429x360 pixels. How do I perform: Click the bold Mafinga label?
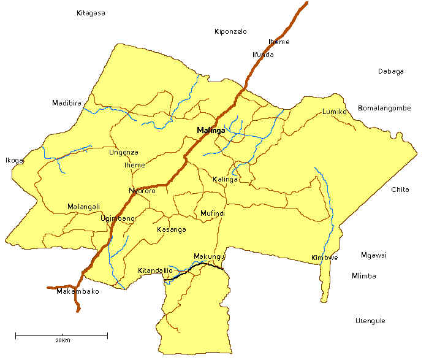point(211,131)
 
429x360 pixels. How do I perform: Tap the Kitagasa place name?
point(91,13)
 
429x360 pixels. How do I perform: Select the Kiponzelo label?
point(230,31)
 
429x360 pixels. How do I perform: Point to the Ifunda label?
point(264,55)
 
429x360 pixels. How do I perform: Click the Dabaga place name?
point(391,71)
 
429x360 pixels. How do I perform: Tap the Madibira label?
point(67,103)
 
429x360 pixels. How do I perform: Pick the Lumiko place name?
point(335,112)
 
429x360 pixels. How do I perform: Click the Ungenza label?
point(124,152)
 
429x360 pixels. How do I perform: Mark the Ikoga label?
point(15,161)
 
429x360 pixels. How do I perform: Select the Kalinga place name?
point(225,179)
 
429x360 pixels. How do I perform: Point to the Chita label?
point(400,190)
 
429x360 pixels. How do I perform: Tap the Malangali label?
point(83,207)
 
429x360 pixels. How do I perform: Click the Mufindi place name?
point(213,213)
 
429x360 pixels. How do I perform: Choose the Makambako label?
point(77,291)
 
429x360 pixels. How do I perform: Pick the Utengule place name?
point(371,321)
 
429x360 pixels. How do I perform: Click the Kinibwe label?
point(325,258)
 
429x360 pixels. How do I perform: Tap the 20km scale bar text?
point(62,340)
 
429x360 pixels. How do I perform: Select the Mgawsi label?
point(374,255)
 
